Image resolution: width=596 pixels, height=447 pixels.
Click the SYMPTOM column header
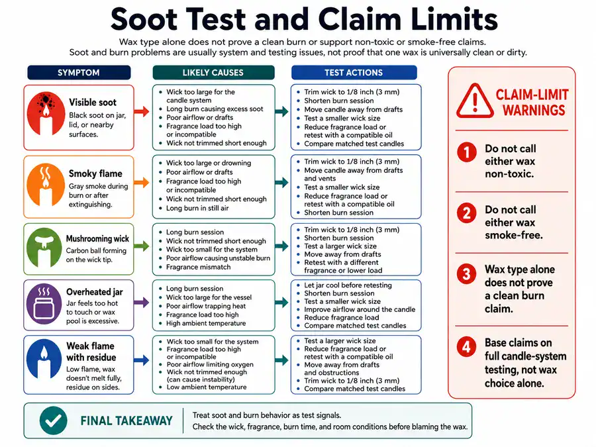[79, 73]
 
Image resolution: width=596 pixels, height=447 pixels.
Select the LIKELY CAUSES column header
[213, 73]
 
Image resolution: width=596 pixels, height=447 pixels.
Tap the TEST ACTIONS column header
[354, 73]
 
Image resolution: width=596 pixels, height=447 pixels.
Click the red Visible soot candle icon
[46, 114]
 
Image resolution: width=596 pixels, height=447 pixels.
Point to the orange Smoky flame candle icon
[46, 185]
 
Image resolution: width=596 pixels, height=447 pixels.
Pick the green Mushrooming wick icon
[44, 248]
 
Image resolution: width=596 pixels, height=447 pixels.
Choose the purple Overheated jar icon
[44, 304]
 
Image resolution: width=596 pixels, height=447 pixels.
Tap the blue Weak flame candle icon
[44, 359]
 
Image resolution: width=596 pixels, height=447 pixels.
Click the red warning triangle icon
[475, 101]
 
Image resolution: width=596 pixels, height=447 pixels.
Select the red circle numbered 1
[467, 152]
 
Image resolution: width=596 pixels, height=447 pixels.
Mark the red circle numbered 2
[467, 213]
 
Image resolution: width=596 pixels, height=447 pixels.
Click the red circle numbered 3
[467, 274]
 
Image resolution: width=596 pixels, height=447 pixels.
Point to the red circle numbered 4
[467, 347]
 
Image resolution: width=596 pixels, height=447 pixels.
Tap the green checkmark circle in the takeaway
[54, 421]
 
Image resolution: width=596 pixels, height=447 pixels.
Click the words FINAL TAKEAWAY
[126, 421]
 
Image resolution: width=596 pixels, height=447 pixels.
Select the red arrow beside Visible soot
[142, 111]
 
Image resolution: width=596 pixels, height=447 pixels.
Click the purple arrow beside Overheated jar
[142, 303]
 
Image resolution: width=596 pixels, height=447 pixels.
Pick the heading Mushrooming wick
[98, 238]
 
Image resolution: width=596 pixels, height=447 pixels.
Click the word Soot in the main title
[144, 19]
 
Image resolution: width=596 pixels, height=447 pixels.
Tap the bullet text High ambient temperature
[206, 323]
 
